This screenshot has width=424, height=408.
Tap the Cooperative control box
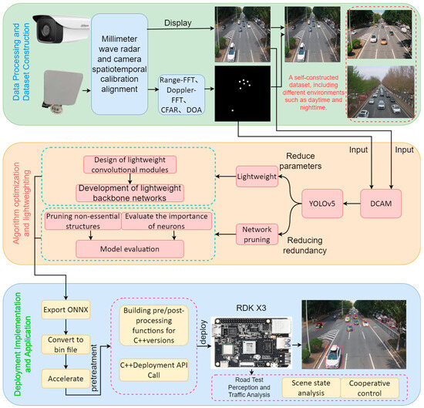click(375, 387)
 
